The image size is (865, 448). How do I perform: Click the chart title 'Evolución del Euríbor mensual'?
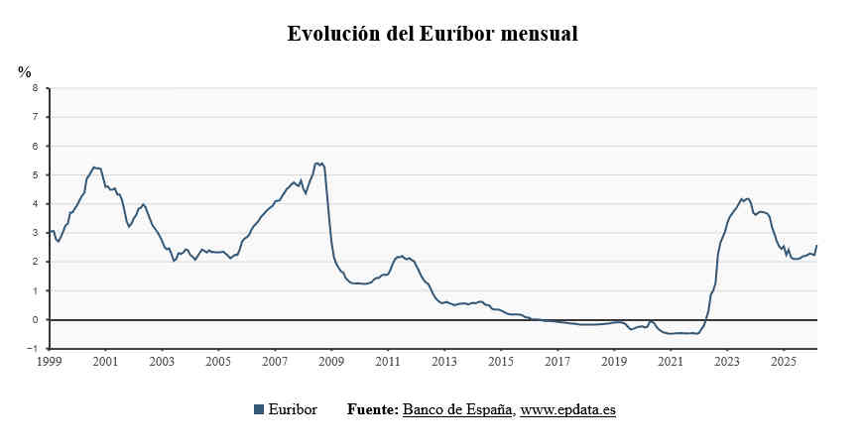[x=432, y=34]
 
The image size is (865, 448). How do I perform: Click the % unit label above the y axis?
[x=25, y=71]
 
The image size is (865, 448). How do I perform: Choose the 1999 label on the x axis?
[x=49, y=363]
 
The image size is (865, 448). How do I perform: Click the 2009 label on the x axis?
[x=331, y=363]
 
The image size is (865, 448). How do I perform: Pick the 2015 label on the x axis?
[x=501, y=363]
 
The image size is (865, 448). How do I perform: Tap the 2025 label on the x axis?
[x=784, y=363]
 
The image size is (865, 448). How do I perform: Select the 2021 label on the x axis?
[x=671, y=363]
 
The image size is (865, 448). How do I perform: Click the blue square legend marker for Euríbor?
[x=259, y=409]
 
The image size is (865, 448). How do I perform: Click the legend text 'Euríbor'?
[x=293, y=409]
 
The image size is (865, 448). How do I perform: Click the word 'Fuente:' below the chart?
[x=372, y=409]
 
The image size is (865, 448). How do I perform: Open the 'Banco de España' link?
[x=456, y=409]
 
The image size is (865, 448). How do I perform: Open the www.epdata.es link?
[x=567, y=409]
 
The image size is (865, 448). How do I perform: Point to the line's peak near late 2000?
[x=94, y=168]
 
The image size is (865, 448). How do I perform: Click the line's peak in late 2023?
[x=747, y=198]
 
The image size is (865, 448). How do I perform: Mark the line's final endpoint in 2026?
[x=816, y=245]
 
